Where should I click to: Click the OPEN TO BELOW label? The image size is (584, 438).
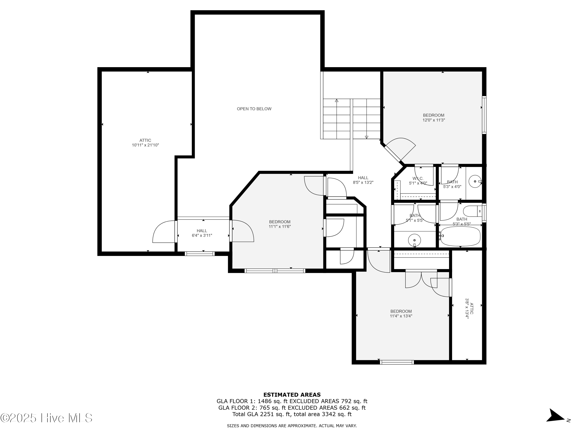coord(254,109)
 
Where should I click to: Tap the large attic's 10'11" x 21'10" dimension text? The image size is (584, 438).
coord(145,145)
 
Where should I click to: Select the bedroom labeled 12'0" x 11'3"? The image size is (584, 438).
coord(434,118)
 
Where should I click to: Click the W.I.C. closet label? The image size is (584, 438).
coord(418,179)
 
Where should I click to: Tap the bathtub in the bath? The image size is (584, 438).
coord(460,236)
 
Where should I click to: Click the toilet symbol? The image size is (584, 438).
coord(473,211)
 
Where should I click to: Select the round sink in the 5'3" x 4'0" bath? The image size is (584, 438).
coord(475,181)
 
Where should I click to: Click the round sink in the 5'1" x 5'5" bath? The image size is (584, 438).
coord(414,240)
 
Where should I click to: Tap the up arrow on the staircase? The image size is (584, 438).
coord(337,101)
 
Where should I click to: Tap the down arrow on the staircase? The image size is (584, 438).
coord(366,137)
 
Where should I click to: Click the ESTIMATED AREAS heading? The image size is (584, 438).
coord(292,395)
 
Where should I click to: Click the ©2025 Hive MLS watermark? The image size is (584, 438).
coord(46,418)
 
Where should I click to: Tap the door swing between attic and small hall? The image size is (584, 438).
coord(163,232)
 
